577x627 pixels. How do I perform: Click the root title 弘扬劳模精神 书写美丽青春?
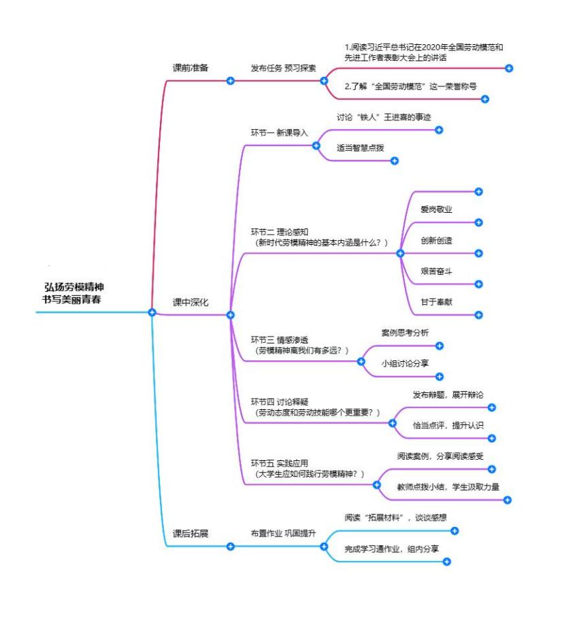pos(74,293)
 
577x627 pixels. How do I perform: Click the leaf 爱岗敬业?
pos(437,209)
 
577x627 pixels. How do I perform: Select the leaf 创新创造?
pos(437,240)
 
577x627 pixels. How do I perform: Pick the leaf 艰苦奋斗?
pos(437,271)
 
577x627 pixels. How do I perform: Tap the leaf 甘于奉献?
pos(437,302)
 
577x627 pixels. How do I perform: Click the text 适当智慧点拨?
pos(360,147)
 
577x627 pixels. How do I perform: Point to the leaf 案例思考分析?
pos(405,333)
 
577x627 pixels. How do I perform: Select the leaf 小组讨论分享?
pos(405,363)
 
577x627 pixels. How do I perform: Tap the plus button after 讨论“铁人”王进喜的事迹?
pos(439,130)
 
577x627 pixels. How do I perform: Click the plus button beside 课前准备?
pos(230,80)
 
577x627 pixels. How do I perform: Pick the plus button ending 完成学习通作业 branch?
pos(447,561)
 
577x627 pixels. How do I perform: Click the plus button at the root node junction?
pos(152,313)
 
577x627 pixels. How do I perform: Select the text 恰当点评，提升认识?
pos(448,425)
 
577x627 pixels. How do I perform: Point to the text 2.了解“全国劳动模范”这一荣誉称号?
pos(411,86)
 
